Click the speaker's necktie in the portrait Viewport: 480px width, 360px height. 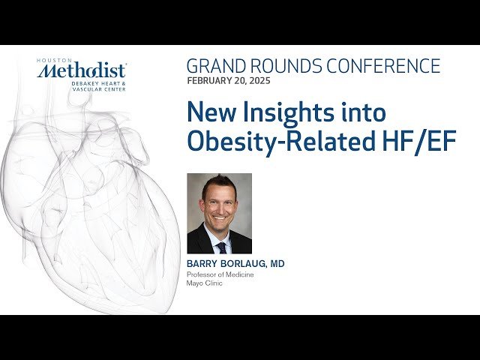click(221, 246)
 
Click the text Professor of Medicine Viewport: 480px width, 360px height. click(220, 274)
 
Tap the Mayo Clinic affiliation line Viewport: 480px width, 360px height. click(204, 284)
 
